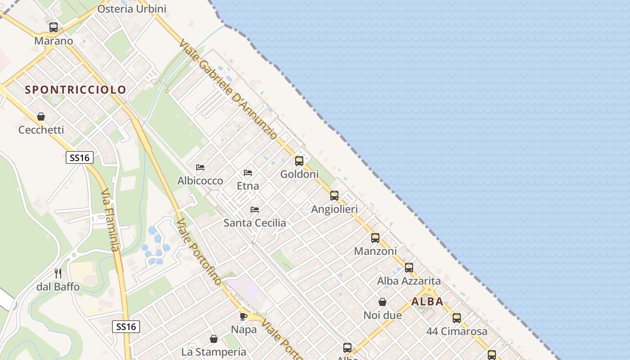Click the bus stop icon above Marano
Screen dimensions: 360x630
point(54,27)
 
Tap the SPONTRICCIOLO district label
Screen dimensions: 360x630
point(76,90)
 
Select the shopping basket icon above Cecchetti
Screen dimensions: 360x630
point(41,117)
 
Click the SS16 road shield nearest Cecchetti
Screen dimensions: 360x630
point(80,157)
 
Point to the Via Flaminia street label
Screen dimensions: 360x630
point(110,220)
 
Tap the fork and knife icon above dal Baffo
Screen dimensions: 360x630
point(58,273)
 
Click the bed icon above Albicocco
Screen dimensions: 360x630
point(200,167)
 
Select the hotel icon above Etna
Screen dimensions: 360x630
point(248,172)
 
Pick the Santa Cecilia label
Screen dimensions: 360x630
point(255,223)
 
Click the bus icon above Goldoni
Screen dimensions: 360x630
point(299,161)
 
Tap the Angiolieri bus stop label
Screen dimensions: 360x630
point(334,209)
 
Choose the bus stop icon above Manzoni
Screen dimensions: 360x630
point(375,238)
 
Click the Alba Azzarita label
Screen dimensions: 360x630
point(409,281)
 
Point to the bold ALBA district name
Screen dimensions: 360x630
point(427,301)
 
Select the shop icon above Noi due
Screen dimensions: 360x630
point(382,301)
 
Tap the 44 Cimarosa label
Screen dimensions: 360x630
point(457,332)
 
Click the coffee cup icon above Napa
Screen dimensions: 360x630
point(243,316)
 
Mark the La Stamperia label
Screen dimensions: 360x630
point(214,352)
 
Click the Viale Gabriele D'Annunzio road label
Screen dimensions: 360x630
point(228,89)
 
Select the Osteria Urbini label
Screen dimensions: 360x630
point(131,9)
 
